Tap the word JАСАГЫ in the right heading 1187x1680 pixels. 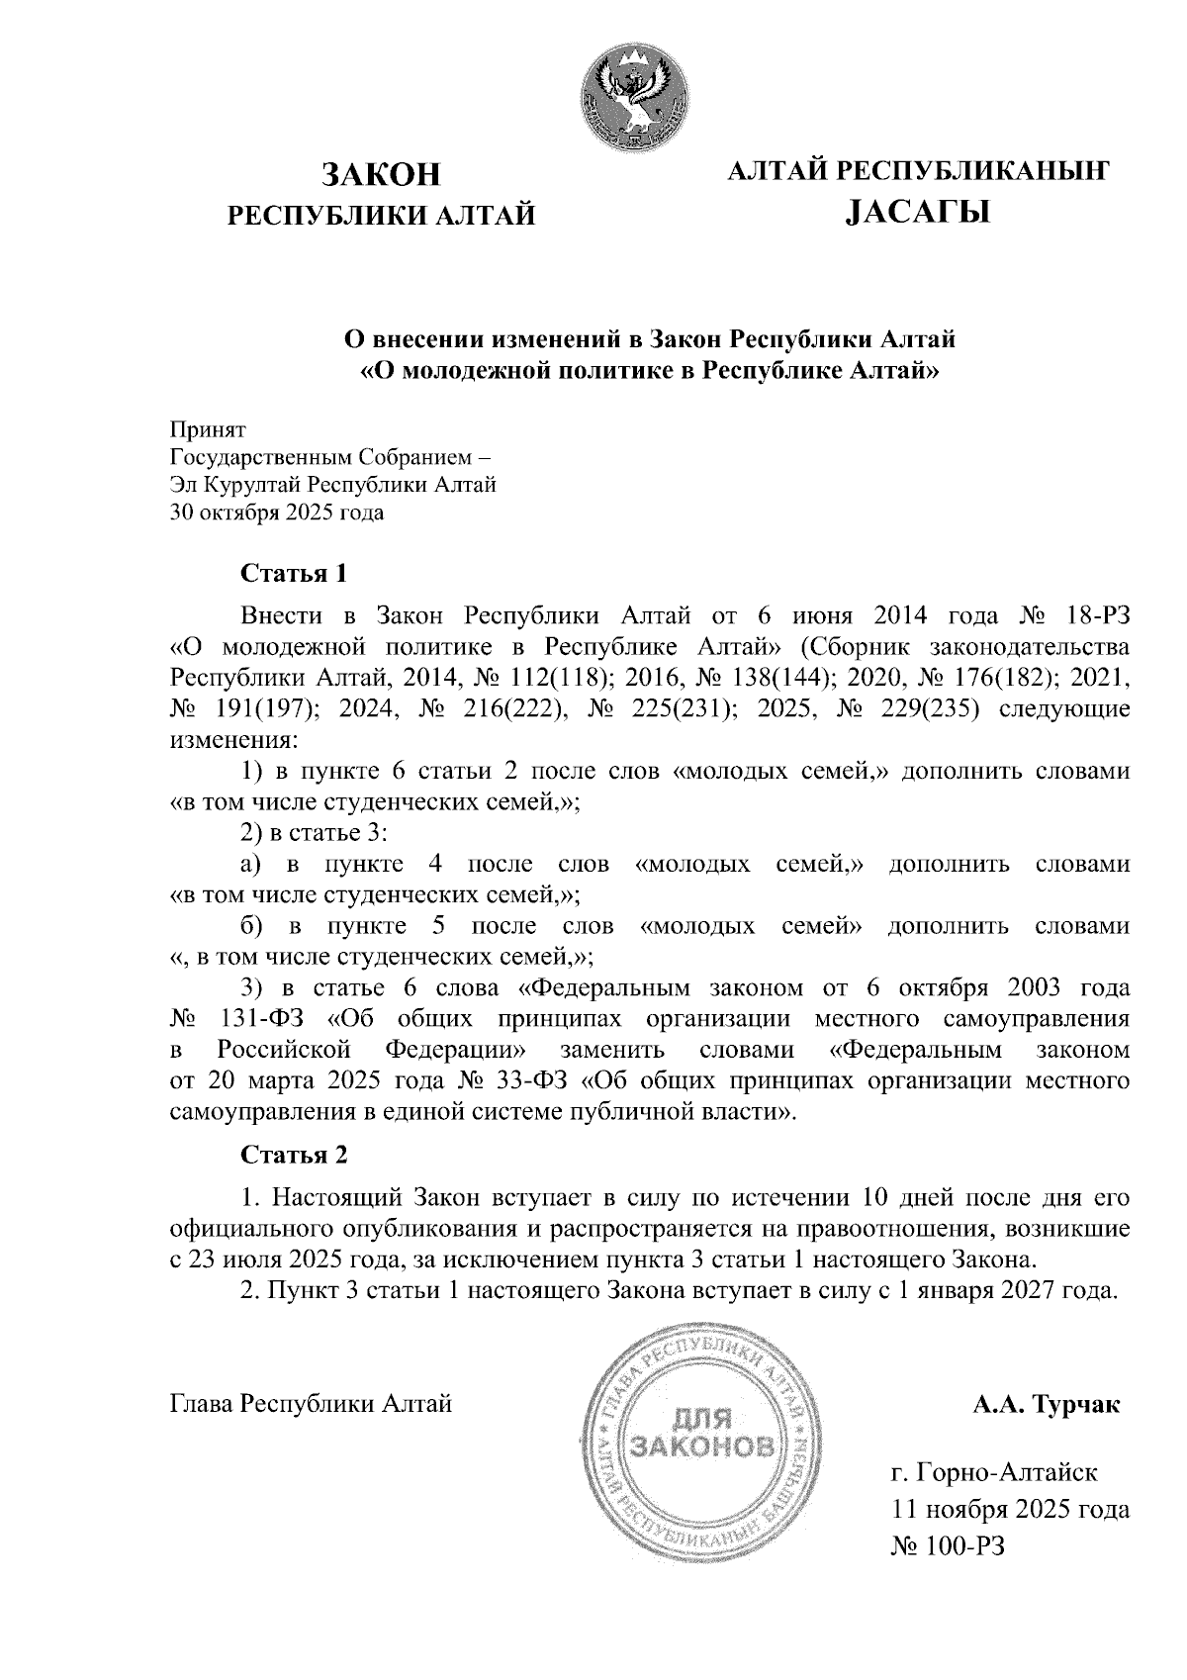coord(918,211)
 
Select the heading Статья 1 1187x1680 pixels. coord(295,574)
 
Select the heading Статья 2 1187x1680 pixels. coord(295,1155)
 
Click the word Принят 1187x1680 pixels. coord(209,430)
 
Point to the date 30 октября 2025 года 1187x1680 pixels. coord(278,513)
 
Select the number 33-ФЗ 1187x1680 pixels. coord(529,1079)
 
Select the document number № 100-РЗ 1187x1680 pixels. coord(948,1545)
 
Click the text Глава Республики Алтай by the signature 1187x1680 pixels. coord(312,1404)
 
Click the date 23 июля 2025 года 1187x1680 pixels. coord(282,1260)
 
